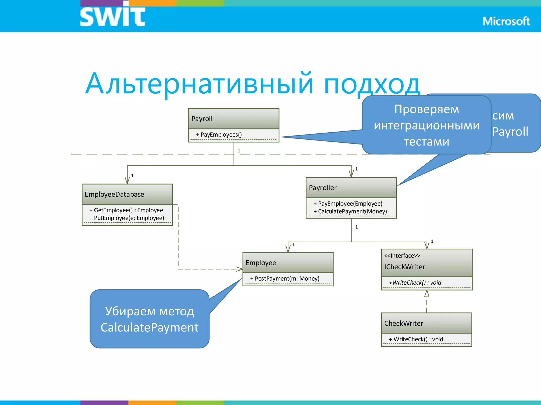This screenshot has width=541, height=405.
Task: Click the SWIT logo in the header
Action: click(112, 16)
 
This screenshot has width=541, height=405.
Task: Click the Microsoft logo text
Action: click(506, 21)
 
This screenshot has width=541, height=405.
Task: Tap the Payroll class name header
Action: click(202, 119)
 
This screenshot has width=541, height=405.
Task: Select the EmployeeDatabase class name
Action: click(114, 194)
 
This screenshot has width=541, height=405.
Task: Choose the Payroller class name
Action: click(323, 188)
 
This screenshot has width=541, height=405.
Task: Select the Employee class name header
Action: click(261, 263)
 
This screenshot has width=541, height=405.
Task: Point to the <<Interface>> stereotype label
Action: click(402, 255)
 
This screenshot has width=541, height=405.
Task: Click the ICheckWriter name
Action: click(404, 267)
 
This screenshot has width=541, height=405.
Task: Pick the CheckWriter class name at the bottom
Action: click(404, 323)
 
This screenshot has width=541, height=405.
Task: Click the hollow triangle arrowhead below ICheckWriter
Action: click(427, 294)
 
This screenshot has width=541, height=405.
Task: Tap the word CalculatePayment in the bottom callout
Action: click(150, 327)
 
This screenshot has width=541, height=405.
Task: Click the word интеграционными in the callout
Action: click(426, 126)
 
